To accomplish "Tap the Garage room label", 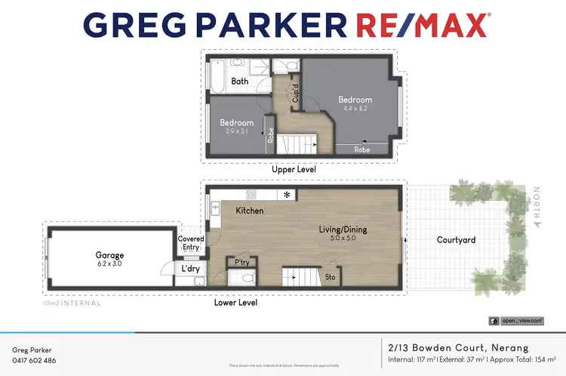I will click(109, 255).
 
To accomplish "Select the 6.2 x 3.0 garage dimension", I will click(109, 265).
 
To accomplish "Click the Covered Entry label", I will click(190, 243).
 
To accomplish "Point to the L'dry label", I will click(189, 268).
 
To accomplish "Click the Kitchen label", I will click(250, 211).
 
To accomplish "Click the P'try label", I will click(242, 263).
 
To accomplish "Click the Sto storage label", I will click(330, 278).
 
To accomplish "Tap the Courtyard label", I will click(457, 240).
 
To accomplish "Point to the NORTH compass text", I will click(537, 207).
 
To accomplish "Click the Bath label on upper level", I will click(240, 81).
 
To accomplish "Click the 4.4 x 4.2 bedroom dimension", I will click(355, 109).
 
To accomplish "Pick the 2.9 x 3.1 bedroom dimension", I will click(236, 131).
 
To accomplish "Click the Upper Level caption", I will click(294, 170).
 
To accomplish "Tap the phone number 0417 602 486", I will click(34, 361).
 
